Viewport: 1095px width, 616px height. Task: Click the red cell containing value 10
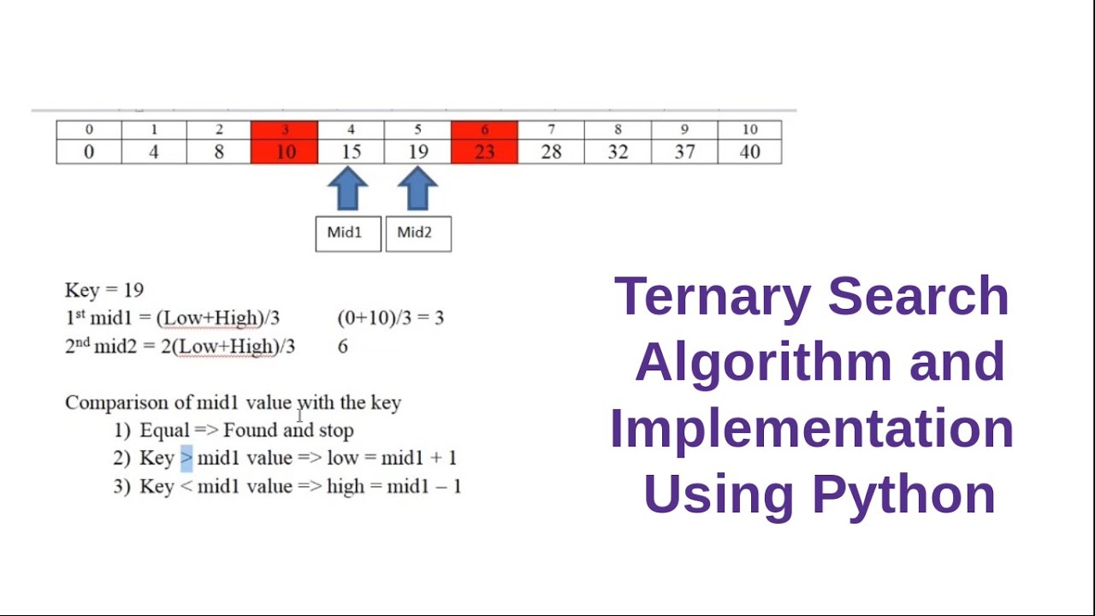point(285,152)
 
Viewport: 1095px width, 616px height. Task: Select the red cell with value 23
point(484,152)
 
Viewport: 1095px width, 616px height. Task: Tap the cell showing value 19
point(417,152)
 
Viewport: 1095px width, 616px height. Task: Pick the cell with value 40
point(749,152)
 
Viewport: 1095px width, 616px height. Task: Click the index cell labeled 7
point(551,130)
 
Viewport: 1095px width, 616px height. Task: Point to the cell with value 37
point(684,152)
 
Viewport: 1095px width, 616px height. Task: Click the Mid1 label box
point(348,234)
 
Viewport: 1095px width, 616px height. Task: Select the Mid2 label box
point(418,234)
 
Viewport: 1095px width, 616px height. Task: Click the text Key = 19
point(104,290)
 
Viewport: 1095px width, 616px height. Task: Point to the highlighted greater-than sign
point(186,458)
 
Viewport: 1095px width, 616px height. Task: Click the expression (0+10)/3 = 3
point(390,318)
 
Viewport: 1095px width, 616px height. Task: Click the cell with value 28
point(551,152)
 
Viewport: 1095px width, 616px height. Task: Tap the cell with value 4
point(154,152)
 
